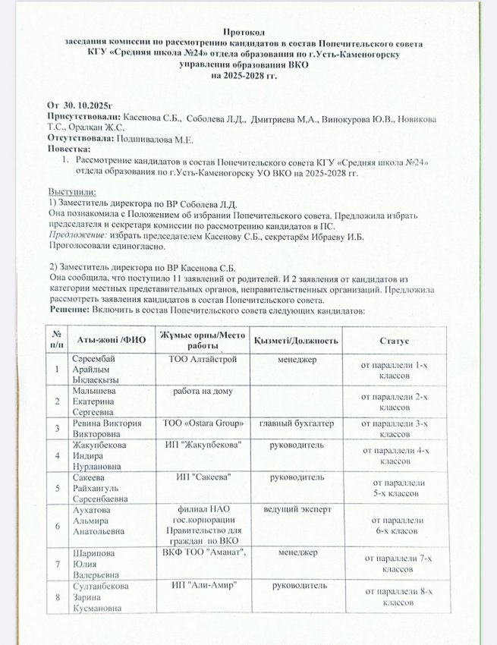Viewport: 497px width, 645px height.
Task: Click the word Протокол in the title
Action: pos(244,33)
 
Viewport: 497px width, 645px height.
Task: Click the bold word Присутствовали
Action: pos(83,118)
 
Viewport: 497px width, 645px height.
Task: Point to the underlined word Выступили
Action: pos(72,192)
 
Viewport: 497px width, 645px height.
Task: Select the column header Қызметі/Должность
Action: pos(297,340)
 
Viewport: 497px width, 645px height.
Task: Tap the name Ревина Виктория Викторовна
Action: pos(105,428)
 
